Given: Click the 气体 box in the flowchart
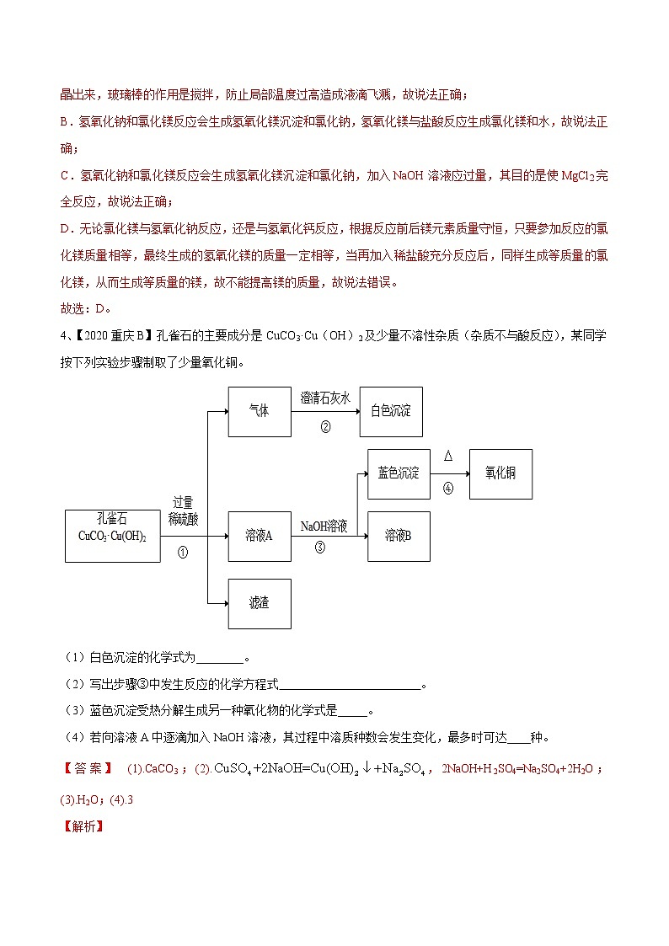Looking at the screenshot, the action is [260, 412].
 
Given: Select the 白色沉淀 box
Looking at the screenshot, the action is [391, 412].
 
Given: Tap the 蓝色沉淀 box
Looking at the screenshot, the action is [399, 473].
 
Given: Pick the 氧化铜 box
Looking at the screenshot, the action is [500, 473].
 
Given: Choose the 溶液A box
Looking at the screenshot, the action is [260, 536].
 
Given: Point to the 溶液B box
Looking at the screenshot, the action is [399, 536].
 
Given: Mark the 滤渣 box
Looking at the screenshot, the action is [260, 603].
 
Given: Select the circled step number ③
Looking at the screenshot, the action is [320, 547].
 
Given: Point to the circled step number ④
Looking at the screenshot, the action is [448, 488].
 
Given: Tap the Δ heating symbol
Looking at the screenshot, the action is [448, 456].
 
